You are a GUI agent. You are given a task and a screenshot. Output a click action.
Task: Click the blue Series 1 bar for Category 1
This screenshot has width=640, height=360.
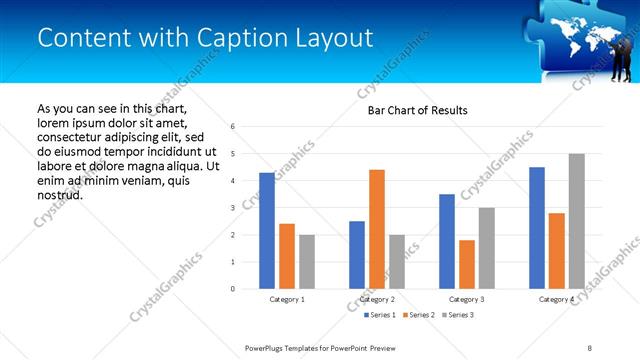pos(267,231)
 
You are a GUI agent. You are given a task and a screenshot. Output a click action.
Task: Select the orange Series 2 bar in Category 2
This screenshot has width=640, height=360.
pos(377,229)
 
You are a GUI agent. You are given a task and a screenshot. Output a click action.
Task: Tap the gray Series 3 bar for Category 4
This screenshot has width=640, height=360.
pos(577,221)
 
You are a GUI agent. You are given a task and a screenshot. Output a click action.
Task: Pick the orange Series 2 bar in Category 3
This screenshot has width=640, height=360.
pos(467,264)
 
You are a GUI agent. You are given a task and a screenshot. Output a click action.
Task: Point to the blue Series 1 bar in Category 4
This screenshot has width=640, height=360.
pos(537,228)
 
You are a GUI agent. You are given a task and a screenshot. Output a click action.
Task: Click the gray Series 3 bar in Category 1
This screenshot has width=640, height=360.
pos(307,262)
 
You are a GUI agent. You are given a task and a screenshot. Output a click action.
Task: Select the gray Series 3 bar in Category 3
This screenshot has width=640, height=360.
pos(487,248)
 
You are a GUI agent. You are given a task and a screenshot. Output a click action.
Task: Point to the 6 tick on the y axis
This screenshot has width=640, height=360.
pos(232,127)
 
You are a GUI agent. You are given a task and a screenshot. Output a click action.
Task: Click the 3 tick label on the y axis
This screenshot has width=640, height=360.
pos(232,208)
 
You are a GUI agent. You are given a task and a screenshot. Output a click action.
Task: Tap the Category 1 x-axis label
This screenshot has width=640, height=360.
pos(287,299)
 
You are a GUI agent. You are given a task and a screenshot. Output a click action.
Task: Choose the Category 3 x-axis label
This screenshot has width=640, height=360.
pos(467,299)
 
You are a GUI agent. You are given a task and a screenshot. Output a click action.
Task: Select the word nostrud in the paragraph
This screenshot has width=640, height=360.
pos(59,195)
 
